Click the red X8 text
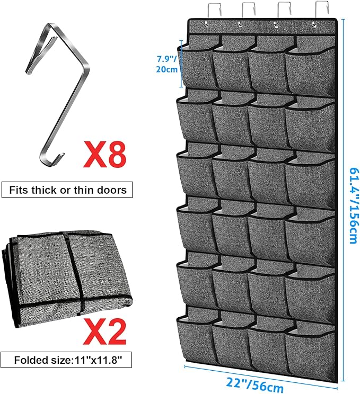104,154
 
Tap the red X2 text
104,331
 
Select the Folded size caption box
66,360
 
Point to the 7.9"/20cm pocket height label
167,64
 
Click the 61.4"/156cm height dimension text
354,205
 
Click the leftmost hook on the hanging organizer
214,10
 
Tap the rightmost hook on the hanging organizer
322,10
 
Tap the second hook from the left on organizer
249,10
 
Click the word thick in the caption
45,190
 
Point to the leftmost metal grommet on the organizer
206,24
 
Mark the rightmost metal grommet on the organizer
314,24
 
